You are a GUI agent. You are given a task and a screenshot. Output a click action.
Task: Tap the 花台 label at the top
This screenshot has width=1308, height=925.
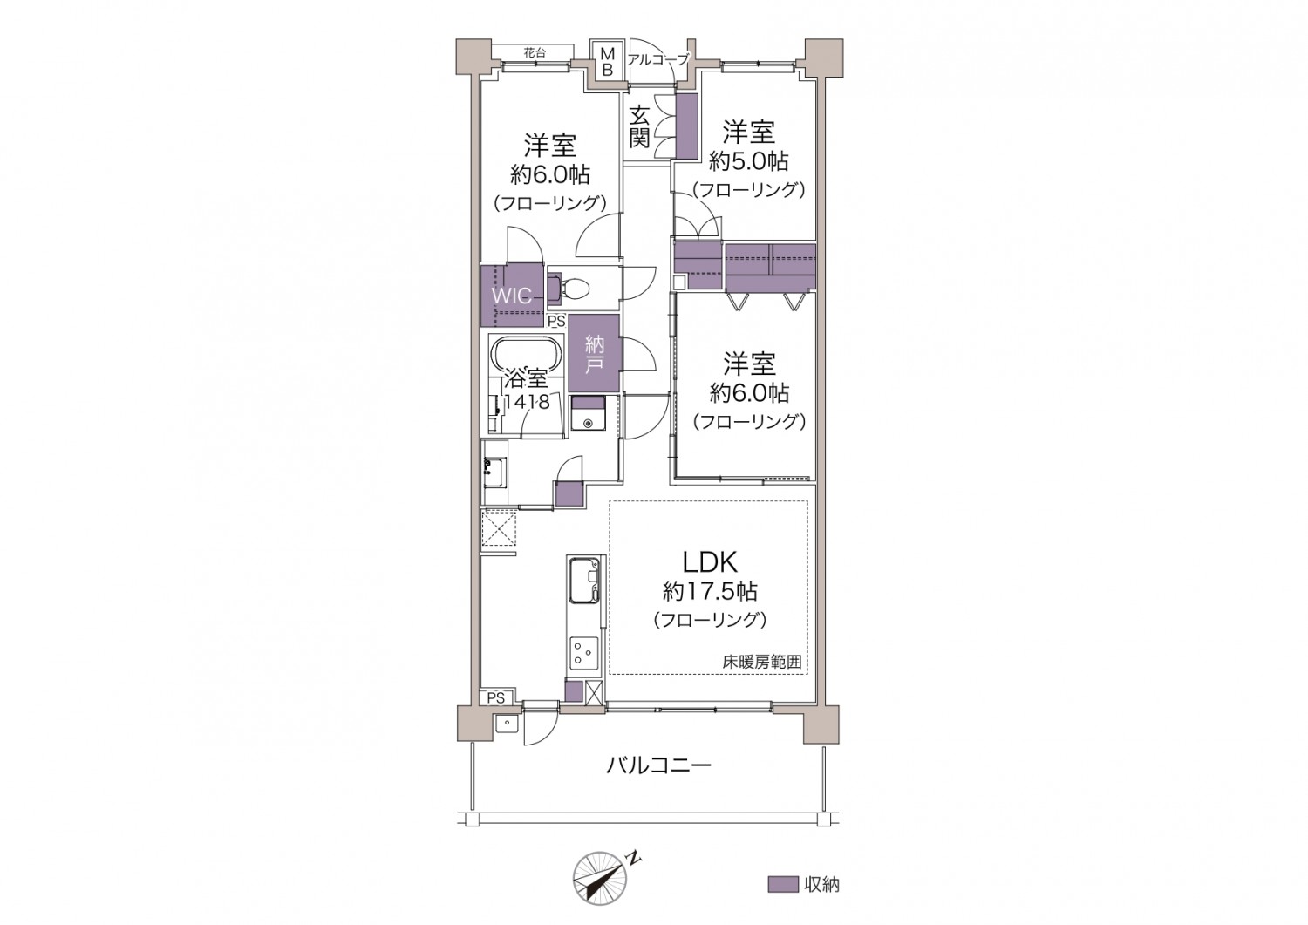click(x=535, y=52)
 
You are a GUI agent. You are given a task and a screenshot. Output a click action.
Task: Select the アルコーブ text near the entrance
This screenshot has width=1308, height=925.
click(x=658, y=58)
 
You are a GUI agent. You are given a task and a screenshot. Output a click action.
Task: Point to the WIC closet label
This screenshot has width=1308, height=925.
click(x=512, y=296)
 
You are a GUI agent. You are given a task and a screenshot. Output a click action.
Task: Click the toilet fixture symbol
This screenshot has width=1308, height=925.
click(x=570, y=288)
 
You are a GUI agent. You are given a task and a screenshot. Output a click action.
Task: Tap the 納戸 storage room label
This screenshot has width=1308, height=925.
click(x=594, y=354)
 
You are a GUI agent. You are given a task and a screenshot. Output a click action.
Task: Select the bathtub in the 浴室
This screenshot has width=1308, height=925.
click(x=526, y=356)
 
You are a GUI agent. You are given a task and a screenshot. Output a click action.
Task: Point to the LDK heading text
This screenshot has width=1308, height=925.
click(x=710, y=561)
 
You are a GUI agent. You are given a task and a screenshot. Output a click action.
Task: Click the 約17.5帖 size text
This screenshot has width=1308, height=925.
click(x=710, y=592)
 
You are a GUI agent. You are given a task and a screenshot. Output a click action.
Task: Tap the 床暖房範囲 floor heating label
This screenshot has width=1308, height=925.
click(x=762, y=663)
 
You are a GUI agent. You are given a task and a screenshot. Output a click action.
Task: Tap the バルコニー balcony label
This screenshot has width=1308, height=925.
click(x=658, y=765)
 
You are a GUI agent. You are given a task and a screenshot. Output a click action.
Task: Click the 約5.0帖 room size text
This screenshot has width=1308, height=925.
click(x=748, y=161)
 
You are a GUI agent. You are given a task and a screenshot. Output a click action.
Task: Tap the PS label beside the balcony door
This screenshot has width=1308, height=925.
click(x=496, y=697)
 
